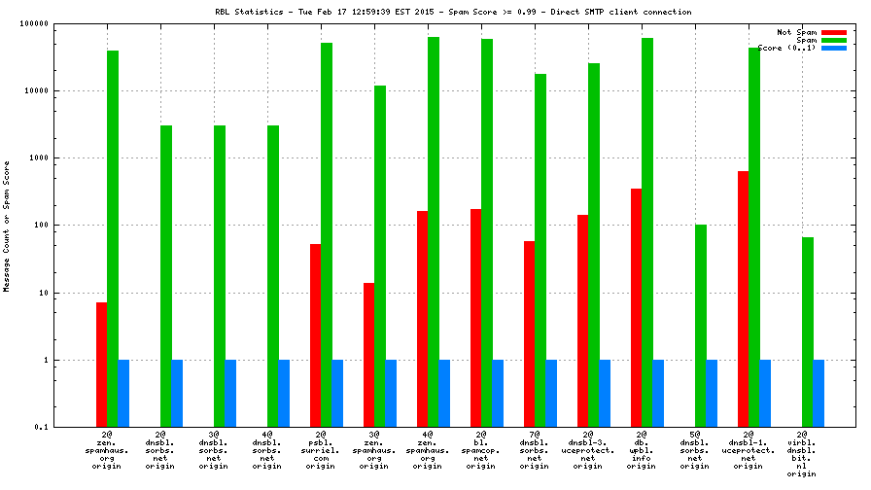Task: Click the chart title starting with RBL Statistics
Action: pos(452,13)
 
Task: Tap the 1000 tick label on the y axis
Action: pos(41,157)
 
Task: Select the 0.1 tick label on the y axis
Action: pos(44,427)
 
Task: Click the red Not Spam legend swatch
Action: pos(833,32)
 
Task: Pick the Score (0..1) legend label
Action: pos(786,48)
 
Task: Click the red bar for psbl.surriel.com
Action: pos(315,335)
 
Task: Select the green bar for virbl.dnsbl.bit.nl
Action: pos(807,332)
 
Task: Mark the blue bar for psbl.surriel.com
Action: pos(337,393)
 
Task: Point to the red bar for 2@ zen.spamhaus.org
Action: pos(101,365)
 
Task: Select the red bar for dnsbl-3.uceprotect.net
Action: pos(582,321)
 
